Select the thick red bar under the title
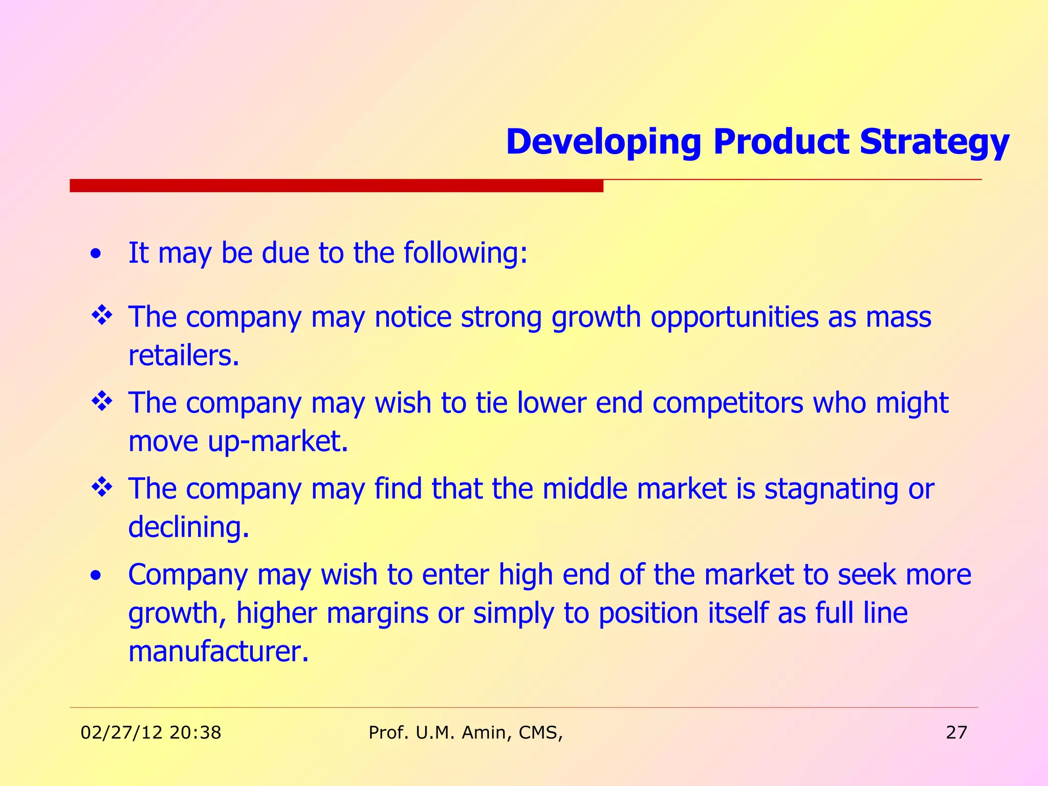336,185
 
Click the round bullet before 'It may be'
95,254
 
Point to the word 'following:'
465,253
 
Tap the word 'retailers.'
184,356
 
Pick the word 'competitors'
728,403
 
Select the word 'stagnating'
831,489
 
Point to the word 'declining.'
188,527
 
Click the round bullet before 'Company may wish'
95,576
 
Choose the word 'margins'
377,614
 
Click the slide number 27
956,733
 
